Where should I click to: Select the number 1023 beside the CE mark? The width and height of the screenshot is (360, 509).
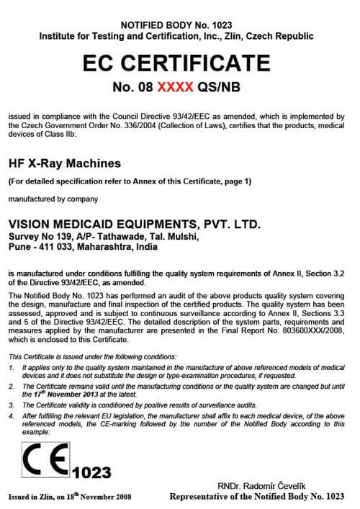(91, 472)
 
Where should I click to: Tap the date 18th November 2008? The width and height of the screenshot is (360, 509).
(106, 497)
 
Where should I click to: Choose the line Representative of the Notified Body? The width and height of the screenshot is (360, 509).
(257, 497)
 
